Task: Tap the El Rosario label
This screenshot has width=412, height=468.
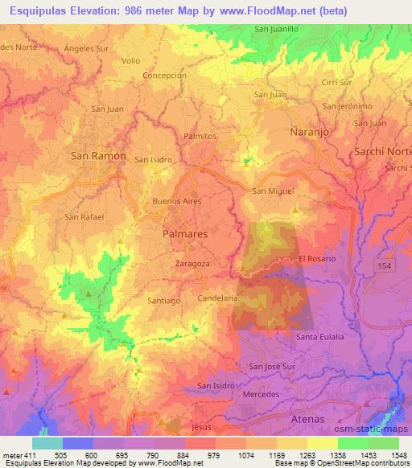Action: coord(315,259)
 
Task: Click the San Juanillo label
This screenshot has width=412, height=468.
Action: coord(277,29)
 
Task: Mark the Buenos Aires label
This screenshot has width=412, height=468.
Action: coord(176,200)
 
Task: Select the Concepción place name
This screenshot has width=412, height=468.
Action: coord(164,76)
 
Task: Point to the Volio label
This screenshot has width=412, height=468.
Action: coord(131,60)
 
